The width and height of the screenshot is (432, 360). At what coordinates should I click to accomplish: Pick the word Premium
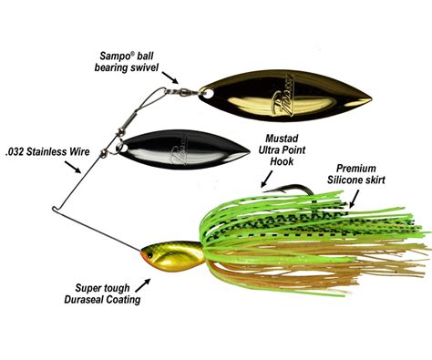coord(356,168)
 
